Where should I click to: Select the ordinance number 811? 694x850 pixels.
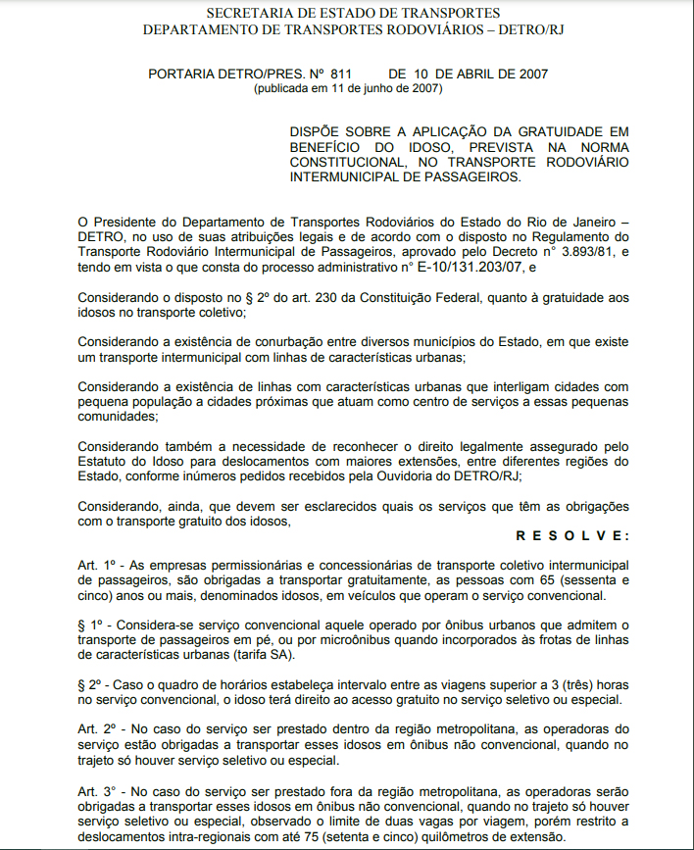coord(341,74)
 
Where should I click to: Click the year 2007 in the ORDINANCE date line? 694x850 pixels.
coord(530,74)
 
